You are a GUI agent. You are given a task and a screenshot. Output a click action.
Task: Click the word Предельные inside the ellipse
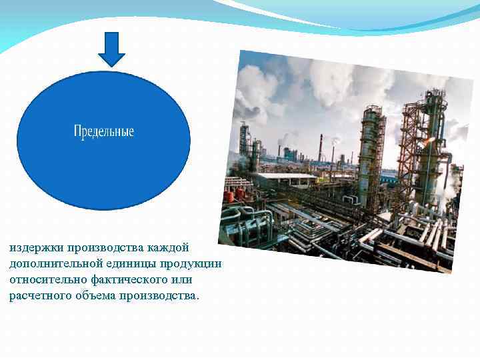(x=103, y=131)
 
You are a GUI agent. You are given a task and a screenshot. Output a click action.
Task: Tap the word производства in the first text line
(x=97, y=248)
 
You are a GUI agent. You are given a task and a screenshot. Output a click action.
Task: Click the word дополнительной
(x=51, y=264)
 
